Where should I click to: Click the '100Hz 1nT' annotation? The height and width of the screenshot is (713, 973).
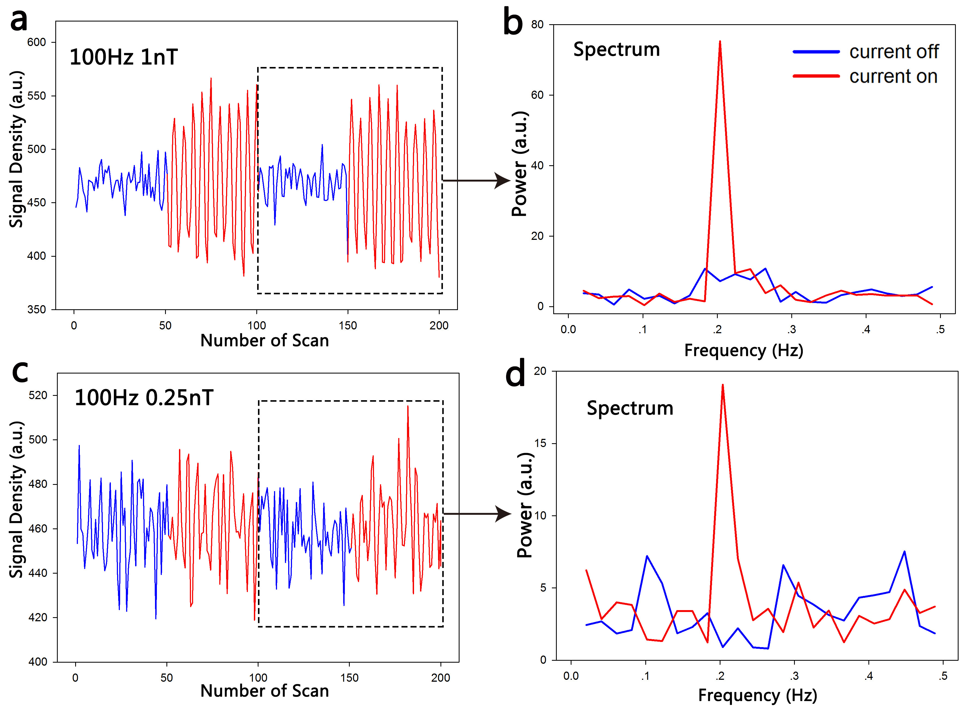click(x=123, y=57)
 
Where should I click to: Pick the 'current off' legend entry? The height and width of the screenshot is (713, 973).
click(x=893, y=52)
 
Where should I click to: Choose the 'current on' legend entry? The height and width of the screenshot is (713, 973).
click(x=893, y=76)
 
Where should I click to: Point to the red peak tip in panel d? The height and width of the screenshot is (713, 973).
click(x=722, y=385)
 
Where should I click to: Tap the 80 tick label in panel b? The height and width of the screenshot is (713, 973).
click(x=537, y=25)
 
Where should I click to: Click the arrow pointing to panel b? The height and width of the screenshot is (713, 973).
click(x=477, y=180)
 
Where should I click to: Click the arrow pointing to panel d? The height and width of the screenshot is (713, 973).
click(x=478, y=514)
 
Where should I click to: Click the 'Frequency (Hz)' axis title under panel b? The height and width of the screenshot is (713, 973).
click(x=744, y=350)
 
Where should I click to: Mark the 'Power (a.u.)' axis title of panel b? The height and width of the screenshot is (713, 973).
click(x=519, y=164)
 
